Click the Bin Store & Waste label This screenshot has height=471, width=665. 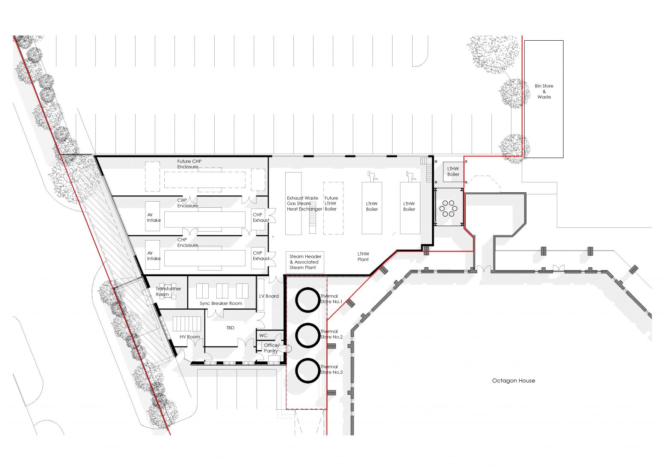[x=544, y=91]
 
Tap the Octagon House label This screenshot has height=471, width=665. [x=513, y=381]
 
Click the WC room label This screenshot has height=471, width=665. [x=263, y=336]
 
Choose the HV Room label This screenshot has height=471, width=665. [x=189, y=337]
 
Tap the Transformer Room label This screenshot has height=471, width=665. [x=168, y=292]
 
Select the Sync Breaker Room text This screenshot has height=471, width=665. [x=221, y=304]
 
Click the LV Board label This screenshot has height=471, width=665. [x=269, y=296]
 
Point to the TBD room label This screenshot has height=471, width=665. [x=230, y=328]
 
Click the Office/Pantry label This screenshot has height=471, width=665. [x=271, y=348]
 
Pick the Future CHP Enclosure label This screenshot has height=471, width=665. [x=189, y=164]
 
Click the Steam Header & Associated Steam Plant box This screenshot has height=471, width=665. [x=305, y=262]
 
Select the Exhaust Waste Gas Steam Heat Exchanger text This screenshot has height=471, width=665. [x=304, y=204]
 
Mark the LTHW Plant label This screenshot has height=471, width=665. [x=363, y=257]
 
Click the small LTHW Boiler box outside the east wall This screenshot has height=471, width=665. [x=453, y=172]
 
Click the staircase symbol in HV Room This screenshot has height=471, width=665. [x=187, y=324]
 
